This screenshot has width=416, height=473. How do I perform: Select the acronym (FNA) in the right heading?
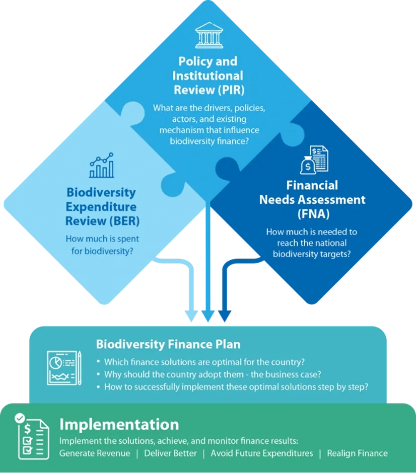[313, 213]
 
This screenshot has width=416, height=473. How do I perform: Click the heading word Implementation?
[119, 424]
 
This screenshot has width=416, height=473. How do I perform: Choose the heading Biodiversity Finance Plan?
[168, 344]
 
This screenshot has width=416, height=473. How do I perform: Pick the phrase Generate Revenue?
[95, 453]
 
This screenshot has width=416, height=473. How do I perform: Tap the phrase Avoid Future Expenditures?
[261, 453]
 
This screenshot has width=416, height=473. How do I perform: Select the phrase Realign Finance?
[357, 453]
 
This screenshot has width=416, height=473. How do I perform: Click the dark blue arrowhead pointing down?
[224, 317]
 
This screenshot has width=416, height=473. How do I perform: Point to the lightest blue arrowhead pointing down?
[191, 317]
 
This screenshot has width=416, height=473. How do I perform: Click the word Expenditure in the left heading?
[101, 206]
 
